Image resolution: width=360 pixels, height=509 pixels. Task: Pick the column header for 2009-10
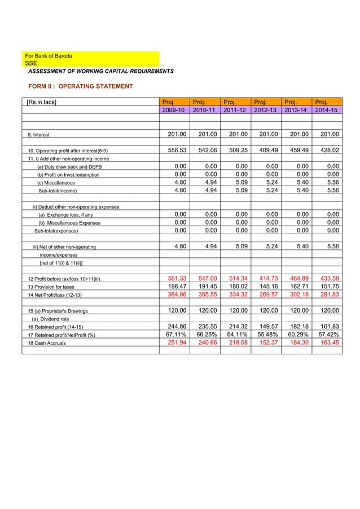coord(173,109)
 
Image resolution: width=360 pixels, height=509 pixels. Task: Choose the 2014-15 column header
coord(327,109)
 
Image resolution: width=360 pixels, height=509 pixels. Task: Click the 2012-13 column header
coord(266,109)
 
